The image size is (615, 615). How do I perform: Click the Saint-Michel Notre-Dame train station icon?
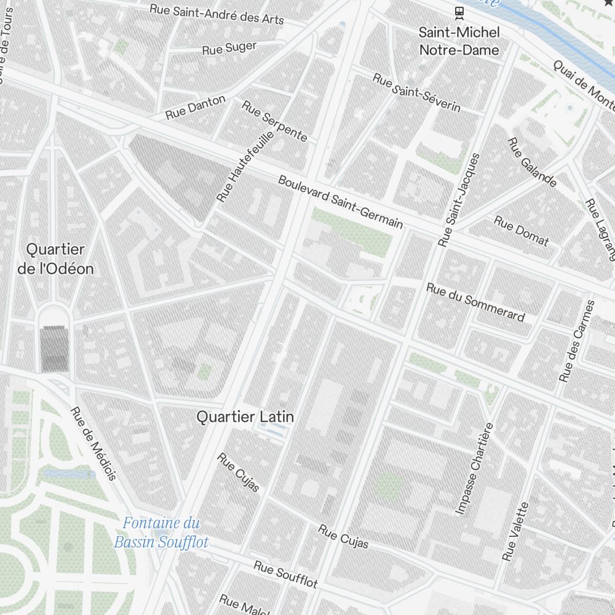pyautogui.click(x=459, y=12)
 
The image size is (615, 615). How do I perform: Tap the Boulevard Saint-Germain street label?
pyautogui.click(x=340, y=202)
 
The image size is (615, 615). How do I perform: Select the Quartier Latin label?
pyautogui.click(x=245, y=417)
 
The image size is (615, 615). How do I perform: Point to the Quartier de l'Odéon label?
pyautogui.click(x=55, y=259)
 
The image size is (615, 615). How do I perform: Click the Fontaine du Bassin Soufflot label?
pyautogui.click(x=161, y=533)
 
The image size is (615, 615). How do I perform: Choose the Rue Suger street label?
pyautogui.click(x=229, y=48)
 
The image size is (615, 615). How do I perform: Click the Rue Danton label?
pyautogui.click(x=196, y=107)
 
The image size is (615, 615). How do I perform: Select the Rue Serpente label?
pyautogui.click(x=274, y=121)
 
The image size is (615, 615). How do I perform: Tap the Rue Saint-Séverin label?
pyautogui.click(x=417, y=93)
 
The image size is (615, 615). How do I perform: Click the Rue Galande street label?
pyautogui.click(x=532, y=162)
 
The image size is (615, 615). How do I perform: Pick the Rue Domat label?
pyautogui.click(x=521, y=231)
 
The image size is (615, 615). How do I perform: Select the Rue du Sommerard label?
pyautogui.click(x=475, y=302)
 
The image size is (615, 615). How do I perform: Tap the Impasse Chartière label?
pyautogui.click(x=474, y=469)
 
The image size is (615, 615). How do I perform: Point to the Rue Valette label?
pyautogui.click(x=515, y=531)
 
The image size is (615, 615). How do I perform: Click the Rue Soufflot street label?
pyautogui.click(x=285, y=573)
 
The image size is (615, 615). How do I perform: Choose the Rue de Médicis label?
pyautogui.click(x=93, y=443)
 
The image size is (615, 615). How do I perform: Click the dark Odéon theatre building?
pyautogui.click(x=54, y=349)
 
